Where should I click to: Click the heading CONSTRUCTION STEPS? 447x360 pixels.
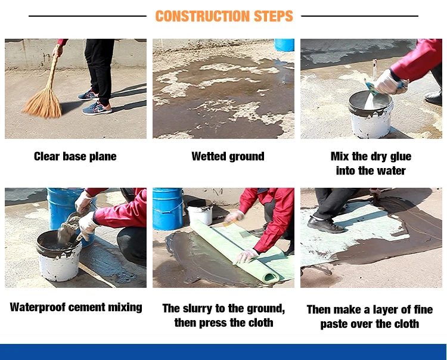coord(224,16)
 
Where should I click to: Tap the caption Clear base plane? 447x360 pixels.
coord(75,157)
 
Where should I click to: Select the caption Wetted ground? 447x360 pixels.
coord(228,157)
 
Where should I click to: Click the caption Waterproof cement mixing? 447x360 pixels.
coord(76,308)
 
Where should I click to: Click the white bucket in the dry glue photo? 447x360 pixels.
coord(370,115)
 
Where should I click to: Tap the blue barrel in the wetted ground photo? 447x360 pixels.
coord(284,45)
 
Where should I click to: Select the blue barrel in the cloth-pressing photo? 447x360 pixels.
coord(168,209)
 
